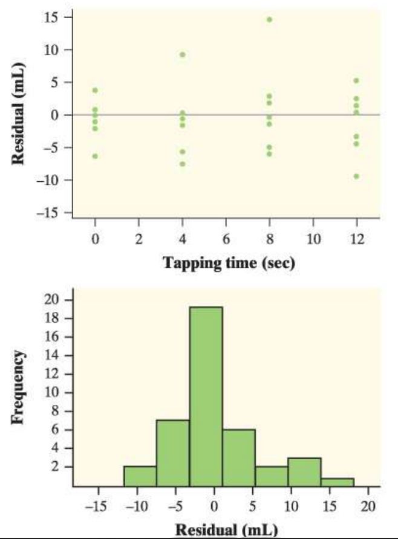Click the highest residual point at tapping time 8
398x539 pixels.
pos(269,19)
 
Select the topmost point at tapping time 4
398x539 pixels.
pos(182,54)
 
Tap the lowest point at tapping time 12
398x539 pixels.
pos(356,176)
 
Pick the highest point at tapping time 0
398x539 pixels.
pos(95,90)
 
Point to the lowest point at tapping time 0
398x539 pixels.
pos(95,156)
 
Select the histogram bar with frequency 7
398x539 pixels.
pos(173,453)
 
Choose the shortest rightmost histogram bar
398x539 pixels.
pos(337,482)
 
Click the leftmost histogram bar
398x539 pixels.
pos(140,476)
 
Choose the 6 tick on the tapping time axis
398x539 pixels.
pos(226,240)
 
